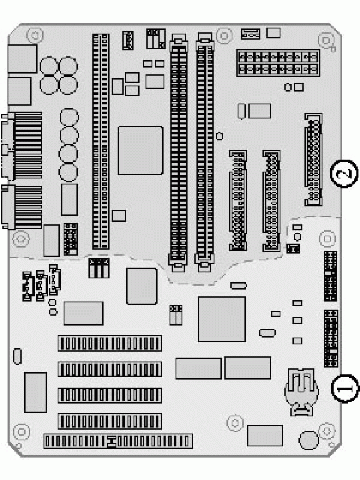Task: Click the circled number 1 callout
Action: [x=345, y=388]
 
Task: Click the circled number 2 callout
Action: [x=345, y=173]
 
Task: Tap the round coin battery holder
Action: [x=301, y=392]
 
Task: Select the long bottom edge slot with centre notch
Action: [x=118, y=441]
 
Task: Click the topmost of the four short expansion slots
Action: [x=109, y=343]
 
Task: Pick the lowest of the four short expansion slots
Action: [x=109, y=421]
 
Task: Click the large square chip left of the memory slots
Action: [x=140, y=150]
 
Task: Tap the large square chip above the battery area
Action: [x=222, y=319]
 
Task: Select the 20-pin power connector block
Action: [x=278, y=63]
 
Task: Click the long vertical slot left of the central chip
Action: [x=100, y=142]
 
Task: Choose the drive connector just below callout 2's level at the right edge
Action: [x=313, y=159]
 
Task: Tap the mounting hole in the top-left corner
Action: [x=34, y=35]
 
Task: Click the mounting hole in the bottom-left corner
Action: [x=22, y=432]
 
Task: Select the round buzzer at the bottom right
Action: [x=309, y=440]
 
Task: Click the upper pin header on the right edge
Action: [x=331, y=276]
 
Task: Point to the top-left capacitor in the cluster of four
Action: [x=49, y=66]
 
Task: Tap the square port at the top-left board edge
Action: [x=22, y=58]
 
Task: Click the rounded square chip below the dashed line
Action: [x=142, y=286]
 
